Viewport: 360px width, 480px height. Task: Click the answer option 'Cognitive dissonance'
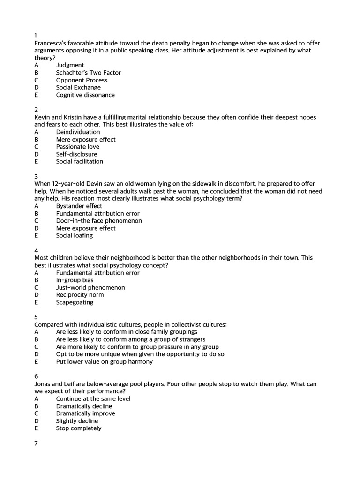pos(85,95)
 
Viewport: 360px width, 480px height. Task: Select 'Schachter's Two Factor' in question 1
pos(88,73)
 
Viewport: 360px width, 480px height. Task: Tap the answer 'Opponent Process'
pos(82,80)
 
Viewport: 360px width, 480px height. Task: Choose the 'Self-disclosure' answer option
pos(76,154)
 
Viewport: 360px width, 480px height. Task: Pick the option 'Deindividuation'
pos(78,132)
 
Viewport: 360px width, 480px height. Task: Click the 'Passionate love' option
pos(77,147)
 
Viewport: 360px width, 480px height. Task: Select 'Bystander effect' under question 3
pos(79,206)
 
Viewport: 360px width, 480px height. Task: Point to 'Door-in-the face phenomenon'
pos(98,221)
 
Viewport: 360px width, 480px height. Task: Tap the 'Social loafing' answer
pos(74,235)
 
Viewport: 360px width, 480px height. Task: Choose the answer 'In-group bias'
pos(75,280)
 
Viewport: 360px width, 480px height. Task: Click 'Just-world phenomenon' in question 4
pos(90,287)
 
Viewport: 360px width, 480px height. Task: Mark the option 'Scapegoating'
pos(75,302)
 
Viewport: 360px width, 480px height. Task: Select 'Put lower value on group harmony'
pos(104,361)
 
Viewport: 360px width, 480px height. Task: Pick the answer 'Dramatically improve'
pos(85,413)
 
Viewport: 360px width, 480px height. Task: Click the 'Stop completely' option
pos(78,428)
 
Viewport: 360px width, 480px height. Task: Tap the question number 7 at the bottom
pos(36,443)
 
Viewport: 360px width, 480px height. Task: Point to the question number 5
pos(36,317)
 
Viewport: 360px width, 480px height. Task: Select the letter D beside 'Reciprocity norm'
pos(37,295)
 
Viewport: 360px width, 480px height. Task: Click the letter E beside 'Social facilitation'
pos(36,161)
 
